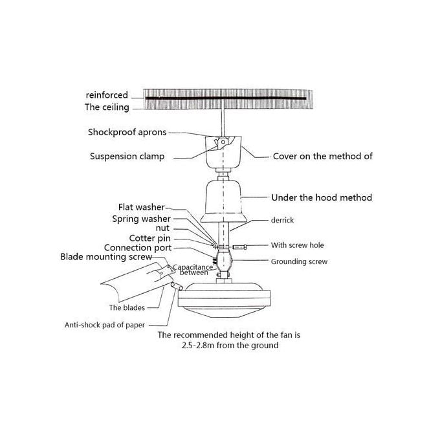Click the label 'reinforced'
[x=107, y=95]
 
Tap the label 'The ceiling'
[x=107, y=107]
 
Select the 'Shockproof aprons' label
[x=127, y=132]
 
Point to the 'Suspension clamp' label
[x=127, y=156]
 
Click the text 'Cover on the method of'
[x=322, y=156]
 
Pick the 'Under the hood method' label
[x=322, y=197]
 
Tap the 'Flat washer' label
[x=141, y=208]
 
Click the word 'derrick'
[x=282, y=220]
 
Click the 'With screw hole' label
[x=298, y=245]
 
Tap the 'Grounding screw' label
[x=299, y=261]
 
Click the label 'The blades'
[x=127, y=307]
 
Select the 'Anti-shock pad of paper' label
[x=105, y=325]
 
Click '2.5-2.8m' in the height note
[x=200, y=346]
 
